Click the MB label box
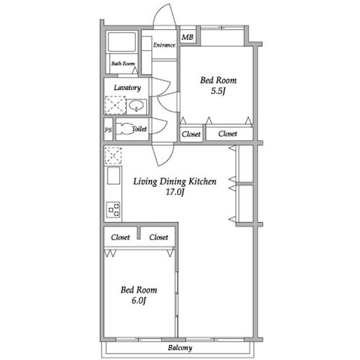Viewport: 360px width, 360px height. [187, 37]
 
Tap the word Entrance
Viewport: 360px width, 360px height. [164, 45]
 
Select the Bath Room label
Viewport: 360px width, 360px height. [123, 64]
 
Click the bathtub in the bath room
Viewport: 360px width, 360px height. [121, 42]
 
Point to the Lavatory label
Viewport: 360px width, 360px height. [127, 88]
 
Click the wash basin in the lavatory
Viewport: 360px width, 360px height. [136, 106]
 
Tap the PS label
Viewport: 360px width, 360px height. [109, 130]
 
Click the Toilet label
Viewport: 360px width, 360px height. [139, 129]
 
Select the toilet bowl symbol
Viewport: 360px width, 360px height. [124, 129]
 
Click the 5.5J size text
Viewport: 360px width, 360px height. [218, 91]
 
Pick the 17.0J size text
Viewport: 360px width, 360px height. [175, 192]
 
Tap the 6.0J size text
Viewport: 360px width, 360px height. [139, 300]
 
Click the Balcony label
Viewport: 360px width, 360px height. [180, 348]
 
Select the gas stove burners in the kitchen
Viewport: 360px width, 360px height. [114, 209]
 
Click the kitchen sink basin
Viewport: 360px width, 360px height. [114, 175]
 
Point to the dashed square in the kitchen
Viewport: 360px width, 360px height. [113, 155]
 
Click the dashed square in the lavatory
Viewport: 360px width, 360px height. [115, 105]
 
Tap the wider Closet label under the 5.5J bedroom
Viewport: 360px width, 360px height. [227, 134]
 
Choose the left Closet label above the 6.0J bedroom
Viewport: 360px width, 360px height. [120, 237]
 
